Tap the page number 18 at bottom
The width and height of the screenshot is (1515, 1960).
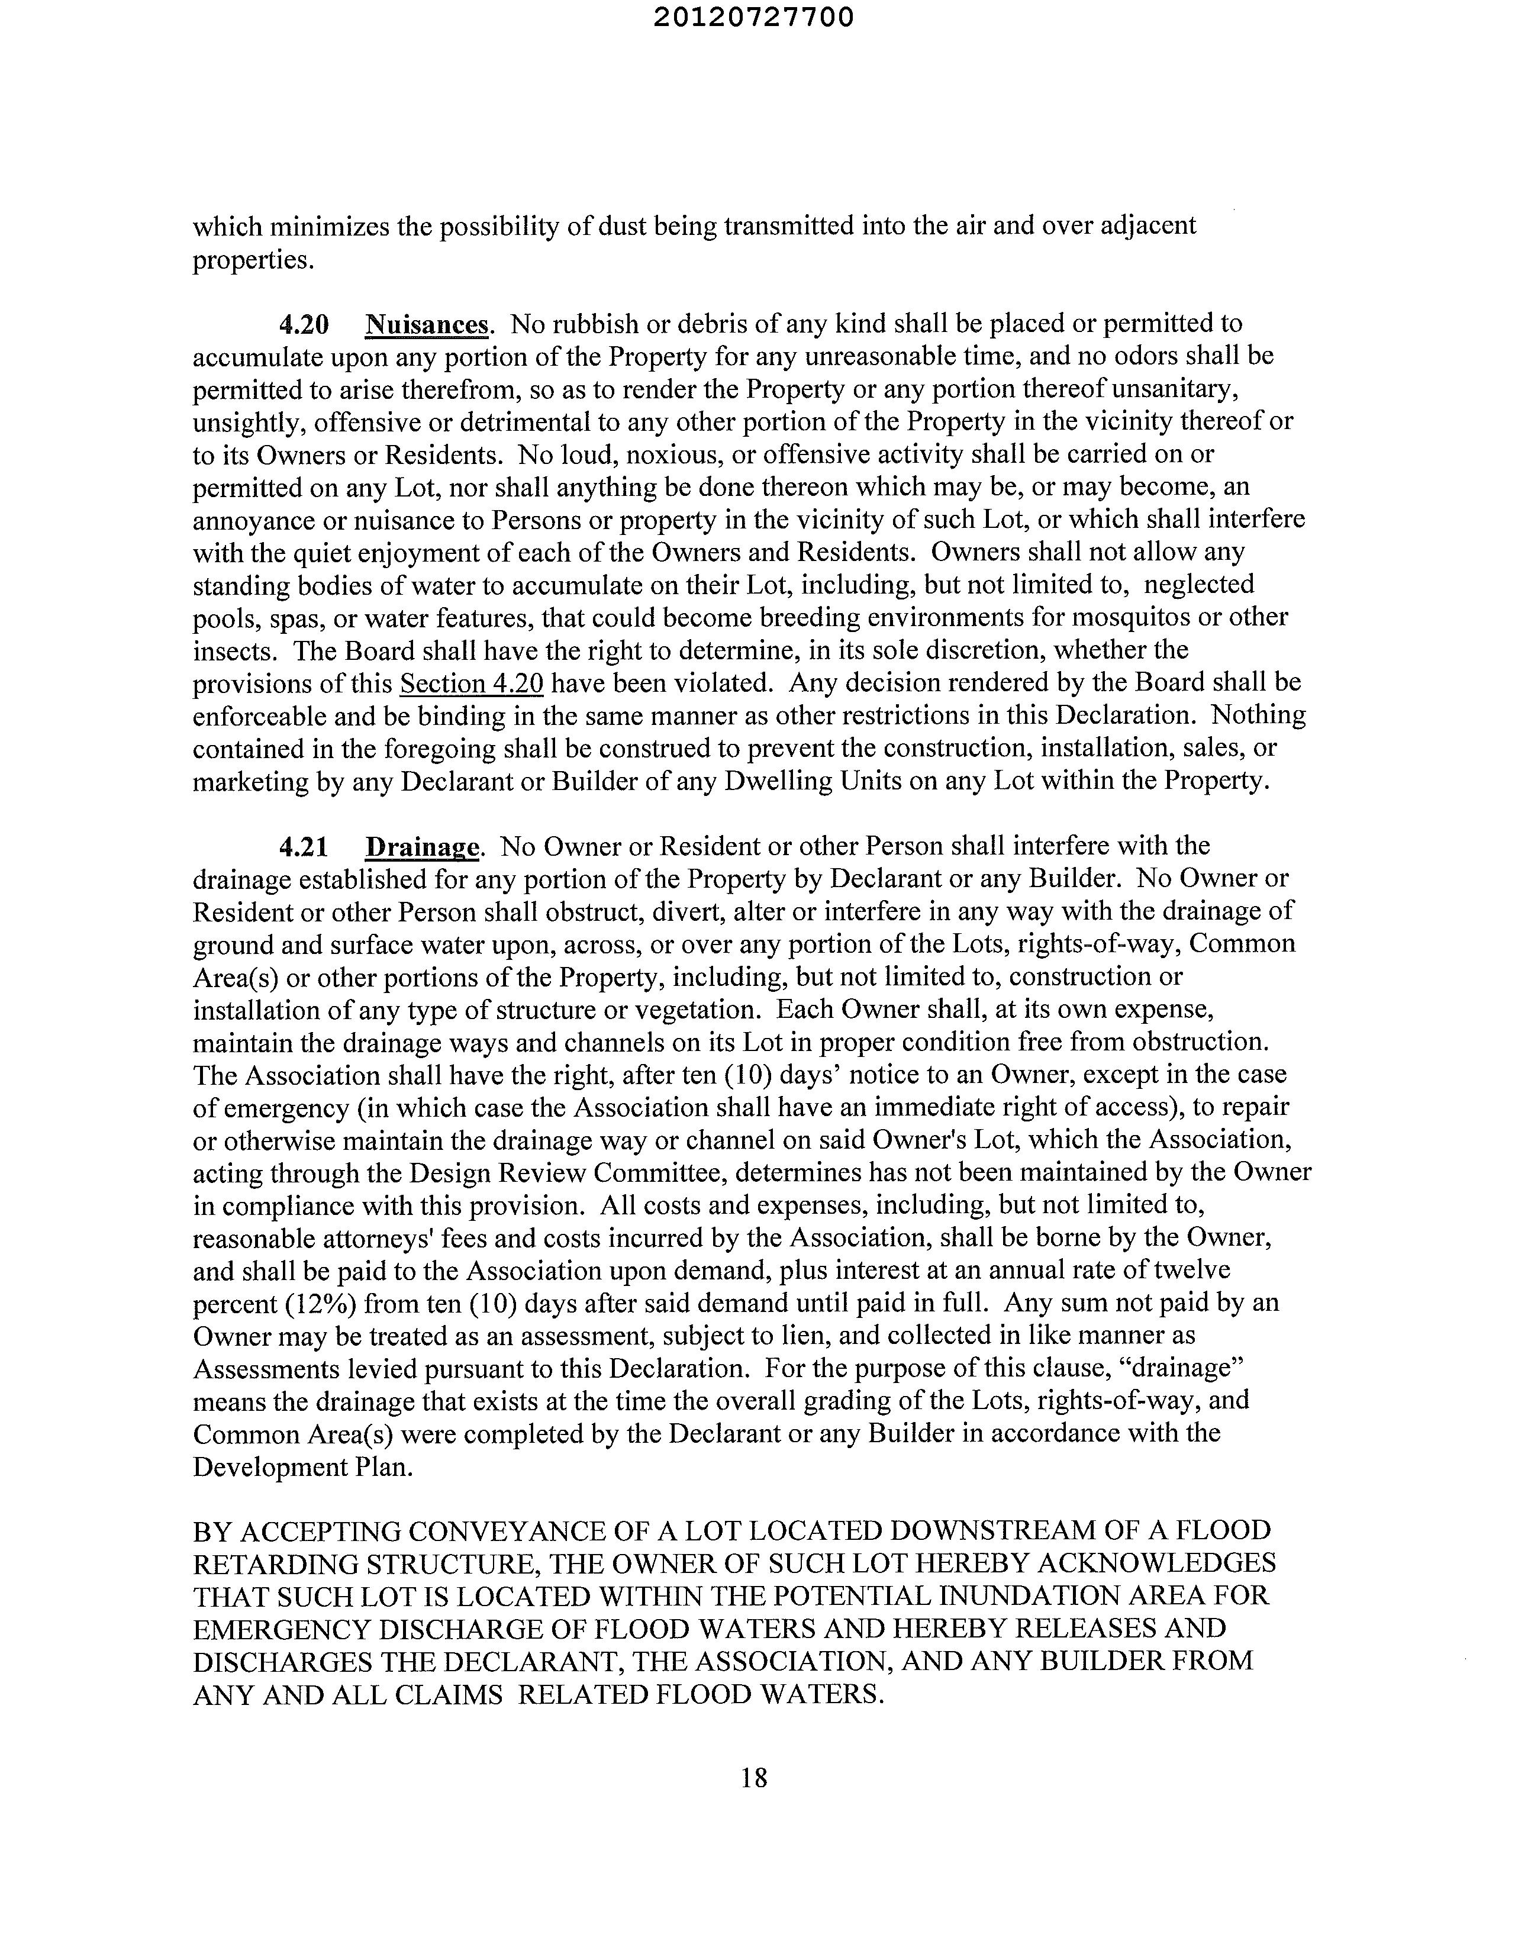(754, 1777)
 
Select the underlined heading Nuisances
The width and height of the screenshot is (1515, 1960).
(427, 324)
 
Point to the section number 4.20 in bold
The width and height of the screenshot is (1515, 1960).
(304, 324)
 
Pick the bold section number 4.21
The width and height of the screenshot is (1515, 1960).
(304, 846)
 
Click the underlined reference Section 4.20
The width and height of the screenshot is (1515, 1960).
(471, 683)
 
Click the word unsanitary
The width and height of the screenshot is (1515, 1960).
(1169, 389)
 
